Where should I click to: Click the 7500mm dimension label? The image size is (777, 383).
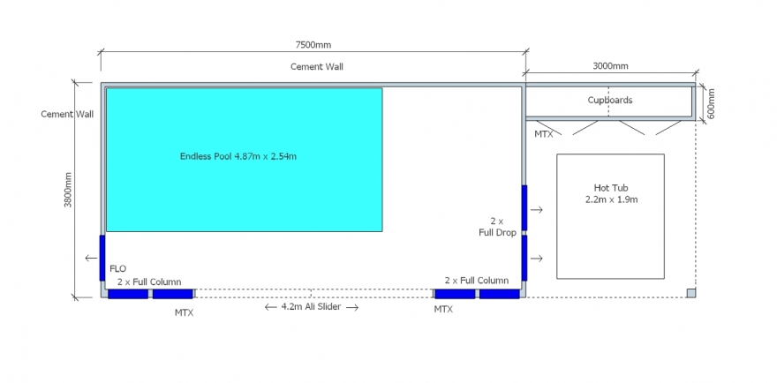coord(313,45)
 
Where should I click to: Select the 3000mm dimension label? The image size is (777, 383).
coord(610,66)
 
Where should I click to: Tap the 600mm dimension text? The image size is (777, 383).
coord(711,103)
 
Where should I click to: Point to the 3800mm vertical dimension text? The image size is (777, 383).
coord(68,190)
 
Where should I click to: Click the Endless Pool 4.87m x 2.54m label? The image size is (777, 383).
coord(238,156)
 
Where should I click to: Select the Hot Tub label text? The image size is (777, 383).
coord(611,188)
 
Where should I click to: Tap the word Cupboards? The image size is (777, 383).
coord(610,100)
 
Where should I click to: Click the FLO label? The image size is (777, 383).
coord(118,269)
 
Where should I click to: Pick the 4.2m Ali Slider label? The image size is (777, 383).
coord(311,307)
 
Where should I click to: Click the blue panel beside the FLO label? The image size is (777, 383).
coord(102,259)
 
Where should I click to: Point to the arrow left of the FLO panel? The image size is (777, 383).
coord(91,258)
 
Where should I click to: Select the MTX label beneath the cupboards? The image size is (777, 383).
coord(544,134)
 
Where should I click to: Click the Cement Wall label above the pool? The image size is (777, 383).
coord(317,66)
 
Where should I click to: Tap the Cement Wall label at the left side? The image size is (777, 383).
coord(67,115)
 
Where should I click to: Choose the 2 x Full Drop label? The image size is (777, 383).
coord(497,227)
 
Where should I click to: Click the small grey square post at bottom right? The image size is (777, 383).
coord(691,293)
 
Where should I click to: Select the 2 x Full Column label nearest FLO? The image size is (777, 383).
coord(149,282)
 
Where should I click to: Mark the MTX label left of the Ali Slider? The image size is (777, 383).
coord(184,313)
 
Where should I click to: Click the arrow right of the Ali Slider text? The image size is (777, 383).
coord(352,307)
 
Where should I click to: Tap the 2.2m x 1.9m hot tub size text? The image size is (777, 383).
coord(611,200)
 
